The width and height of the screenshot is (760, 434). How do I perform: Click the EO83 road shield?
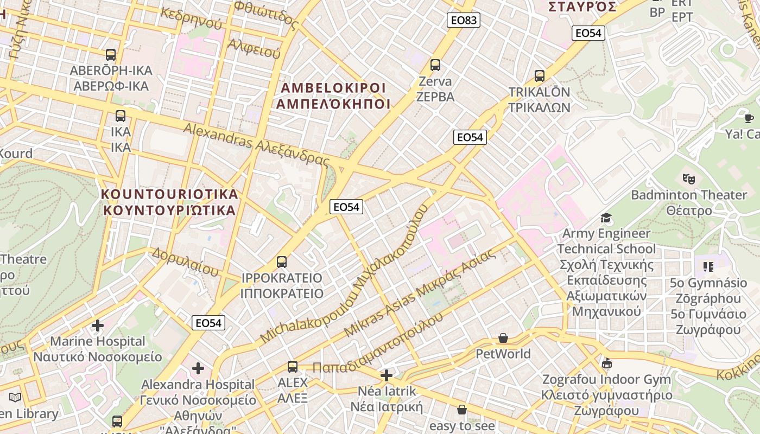click(x=464, y=21)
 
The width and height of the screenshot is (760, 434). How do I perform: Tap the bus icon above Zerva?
click(x=435, y=65)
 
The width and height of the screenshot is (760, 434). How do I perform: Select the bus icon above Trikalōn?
click(x=539, y=76)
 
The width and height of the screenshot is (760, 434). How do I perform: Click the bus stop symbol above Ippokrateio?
click(x=281, y=262)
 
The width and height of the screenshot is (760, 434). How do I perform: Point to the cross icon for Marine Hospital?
click(x=98, y=325)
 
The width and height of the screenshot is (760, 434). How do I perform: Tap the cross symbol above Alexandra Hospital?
click(x=198, y=369)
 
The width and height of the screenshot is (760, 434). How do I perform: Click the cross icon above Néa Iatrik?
click(x=387, y=375)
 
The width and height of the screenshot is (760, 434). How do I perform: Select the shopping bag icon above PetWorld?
click(x=503, y=339)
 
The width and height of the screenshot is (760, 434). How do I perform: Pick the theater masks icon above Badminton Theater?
click(x=689, y=178)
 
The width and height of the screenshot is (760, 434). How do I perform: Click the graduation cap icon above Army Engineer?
click(x=606, y=218)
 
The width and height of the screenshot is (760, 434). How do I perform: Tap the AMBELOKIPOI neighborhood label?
click(x=333, y=96)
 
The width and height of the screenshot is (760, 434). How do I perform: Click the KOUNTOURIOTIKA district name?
click(x=169, y=202)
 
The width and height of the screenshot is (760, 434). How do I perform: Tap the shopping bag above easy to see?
click(x=461, y=410)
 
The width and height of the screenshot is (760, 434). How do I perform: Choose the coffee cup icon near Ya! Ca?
click(x=749, y=118)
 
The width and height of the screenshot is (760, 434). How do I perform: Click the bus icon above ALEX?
click(x=293, y=367)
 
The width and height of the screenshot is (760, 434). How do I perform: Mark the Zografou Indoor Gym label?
click(x=606, y=379)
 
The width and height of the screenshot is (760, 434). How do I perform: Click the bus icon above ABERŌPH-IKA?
click(x=111, y=55)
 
